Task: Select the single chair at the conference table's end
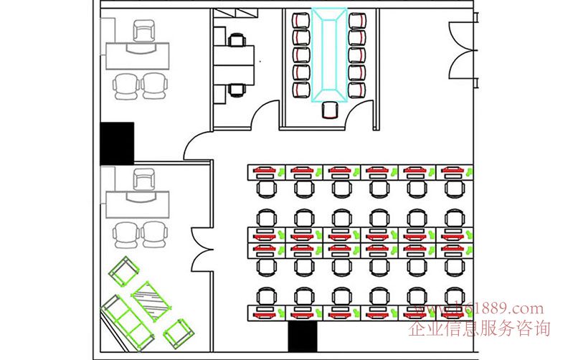pos(330,110)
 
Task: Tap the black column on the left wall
pos(117,142)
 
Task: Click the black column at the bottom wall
pos(302,336)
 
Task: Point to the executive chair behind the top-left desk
pos(145,31)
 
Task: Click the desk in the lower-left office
pos(140,204)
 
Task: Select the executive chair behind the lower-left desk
pos(145,179)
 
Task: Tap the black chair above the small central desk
pos(236,39)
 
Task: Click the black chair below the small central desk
pos(237,90)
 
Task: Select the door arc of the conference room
pos(267,115)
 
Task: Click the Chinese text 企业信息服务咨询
pos(478,329)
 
